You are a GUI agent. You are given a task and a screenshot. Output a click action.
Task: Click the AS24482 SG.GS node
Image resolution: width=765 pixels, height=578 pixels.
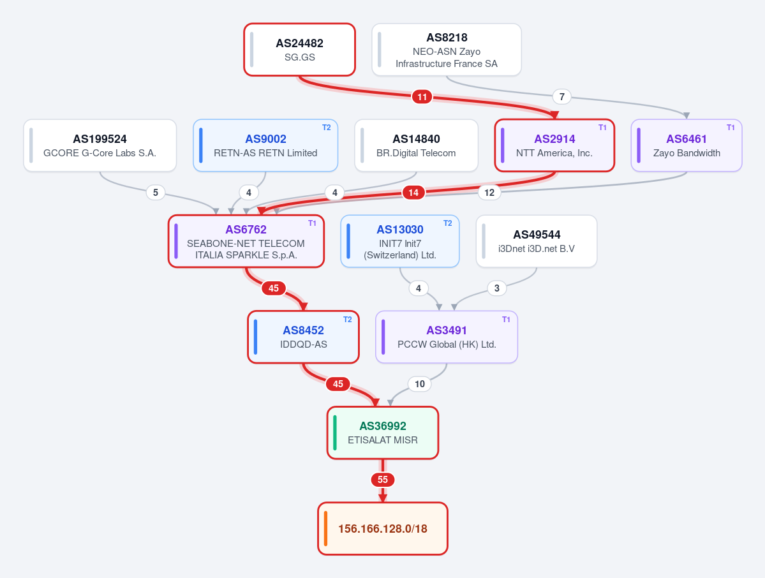[300, 50]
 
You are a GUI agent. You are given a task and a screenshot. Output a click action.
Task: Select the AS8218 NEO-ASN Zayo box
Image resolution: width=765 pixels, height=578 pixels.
[447, 50]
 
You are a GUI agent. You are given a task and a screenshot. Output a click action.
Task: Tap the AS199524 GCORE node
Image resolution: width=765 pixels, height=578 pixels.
[100, 145]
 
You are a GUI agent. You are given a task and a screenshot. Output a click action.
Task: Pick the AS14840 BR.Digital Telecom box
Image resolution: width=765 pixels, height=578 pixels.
[416, 145]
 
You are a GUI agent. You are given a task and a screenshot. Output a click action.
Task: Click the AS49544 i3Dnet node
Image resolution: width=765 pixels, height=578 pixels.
[536, 241]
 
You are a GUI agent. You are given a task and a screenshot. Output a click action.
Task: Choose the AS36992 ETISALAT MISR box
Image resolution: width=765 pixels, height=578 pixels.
[383, 433]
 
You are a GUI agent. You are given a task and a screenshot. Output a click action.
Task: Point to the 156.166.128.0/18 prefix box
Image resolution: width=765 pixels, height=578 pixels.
[383, 529]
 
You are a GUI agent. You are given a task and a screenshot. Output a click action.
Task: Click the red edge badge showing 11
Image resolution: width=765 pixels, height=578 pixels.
[422, 96]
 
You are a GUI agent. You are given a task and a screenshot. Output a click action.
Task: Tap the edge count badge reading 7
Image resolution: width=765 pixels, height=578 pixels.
[562, 96]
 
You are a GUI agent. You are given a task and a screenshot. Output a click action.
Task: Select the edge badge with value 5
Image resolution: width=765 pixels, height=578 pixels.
[156, 192]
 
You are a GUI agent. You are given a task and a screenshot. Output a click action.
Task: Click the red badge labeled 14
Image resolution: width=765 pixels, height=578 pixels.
[413, 193]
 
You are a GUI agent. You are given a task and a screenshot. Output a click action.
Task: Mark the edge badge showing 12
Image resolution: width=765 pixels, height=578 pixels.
[489, 193]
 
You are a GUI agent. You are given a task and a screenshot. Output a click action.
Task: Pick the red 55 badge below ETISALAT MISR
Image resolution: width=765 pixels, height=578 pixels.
[383, 480]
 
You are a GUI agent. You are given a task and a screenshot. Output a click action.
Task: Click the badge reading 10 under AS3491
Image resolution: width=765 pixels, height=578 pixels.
[420, 384]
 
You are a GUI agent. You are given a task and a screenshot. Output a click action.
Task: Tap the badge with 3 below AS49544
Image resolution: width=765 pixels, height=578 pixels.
[496, 288]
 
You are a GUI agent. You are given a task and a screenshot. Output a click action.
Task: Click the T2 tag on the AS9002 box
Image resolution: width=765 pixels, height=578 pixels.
[327, 128]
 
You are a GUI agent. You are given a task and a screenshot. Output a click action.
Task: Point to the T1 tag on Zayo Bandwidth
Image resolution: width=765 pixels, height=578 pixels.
[731, 128]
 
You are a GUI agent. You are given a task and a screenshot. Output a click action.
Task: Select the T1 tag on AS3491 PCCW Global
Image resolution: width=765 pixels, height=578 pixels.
[506, 320]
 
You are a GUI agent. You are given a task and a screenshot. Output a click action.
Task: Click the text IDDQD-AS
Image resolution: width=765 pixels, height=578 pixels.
[304, 345]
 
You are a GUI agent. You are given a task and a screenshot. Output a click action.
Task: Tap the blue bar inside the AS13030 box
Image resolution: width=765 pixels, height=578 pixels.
[348, 241]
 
